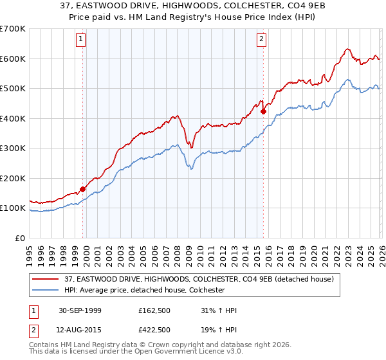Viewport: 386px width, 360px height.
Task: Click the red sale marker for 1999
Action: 83,190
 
